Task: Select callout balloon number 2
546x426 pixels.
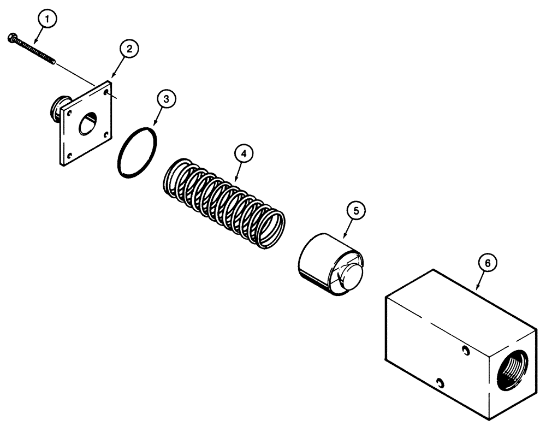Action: (x=128, y=49)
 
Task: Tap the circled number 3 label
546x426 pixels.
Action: (x=167, y=99)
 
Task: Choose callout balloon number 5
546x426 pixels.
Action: (x=356, y=211)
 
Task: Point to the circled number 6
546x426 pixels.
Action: (x=488, y=263)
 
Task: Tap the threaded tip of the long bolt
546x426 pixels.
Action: (x=52, y=62)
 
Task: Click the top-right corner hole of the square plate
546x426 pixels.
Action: (x=105, y=93)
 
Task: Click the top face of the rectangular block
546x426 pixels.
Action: (x=464, y=306)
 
